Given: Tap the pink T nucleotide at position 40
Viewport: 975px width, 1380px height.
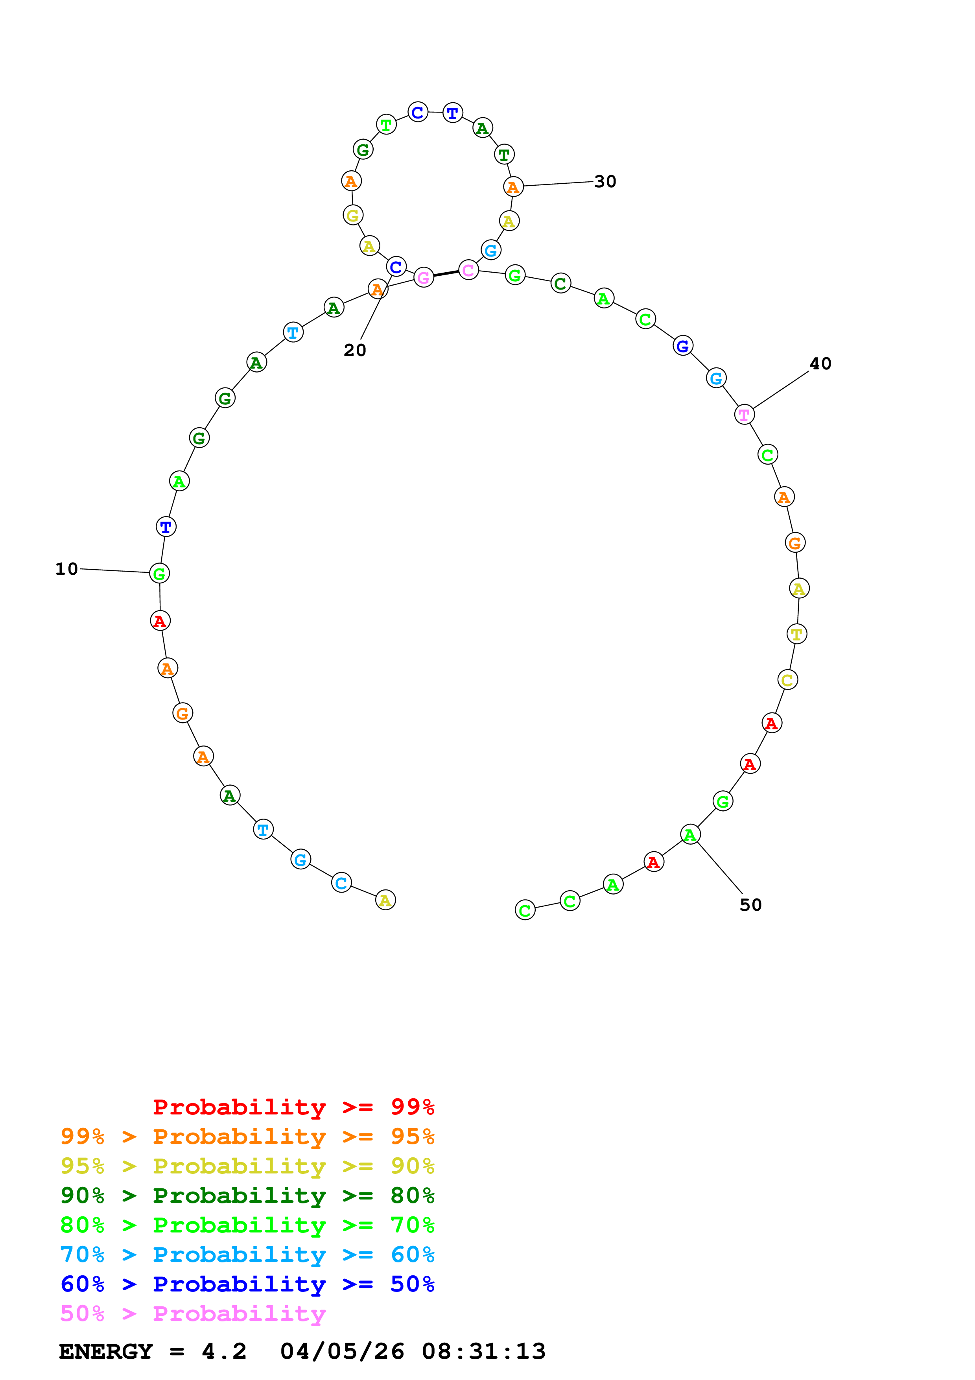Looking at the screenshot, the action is click(744, 414).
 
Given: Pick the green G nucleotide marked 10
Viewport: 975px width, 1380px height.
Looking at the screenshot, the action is click(159, 574).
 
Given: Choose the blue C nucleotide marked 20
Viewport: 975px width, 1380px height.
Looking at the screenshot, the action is click(396, 267).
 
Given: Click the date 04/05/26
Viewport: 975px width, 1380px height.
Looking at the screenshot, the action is click(342, 1352).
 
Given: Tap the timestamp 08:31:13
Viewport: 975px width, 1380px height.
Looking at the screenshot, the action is click(484, 1352).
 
